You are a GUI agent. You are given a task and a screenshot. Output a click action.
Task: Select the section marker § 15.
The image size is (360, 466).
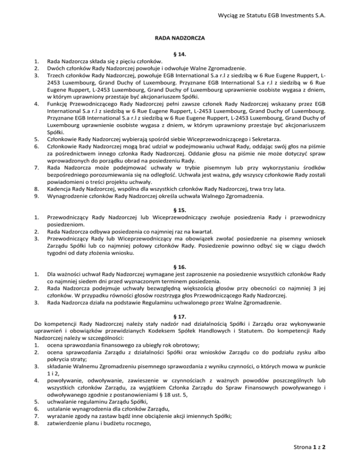(x=180, y=197)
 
